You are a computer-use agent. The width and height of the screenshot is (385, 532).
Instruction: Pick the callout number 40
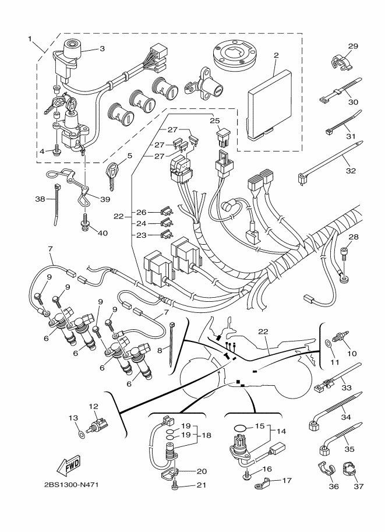coord(103,233)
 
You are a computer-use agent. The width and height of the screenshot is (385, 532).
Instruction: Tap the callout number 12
coord(93,406)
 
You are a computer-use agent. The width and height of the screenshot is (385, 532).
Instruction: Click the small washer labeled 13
coord(82,434)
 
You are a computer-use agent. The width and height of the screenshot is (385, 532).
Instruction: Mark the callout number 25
coord(215,120)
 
